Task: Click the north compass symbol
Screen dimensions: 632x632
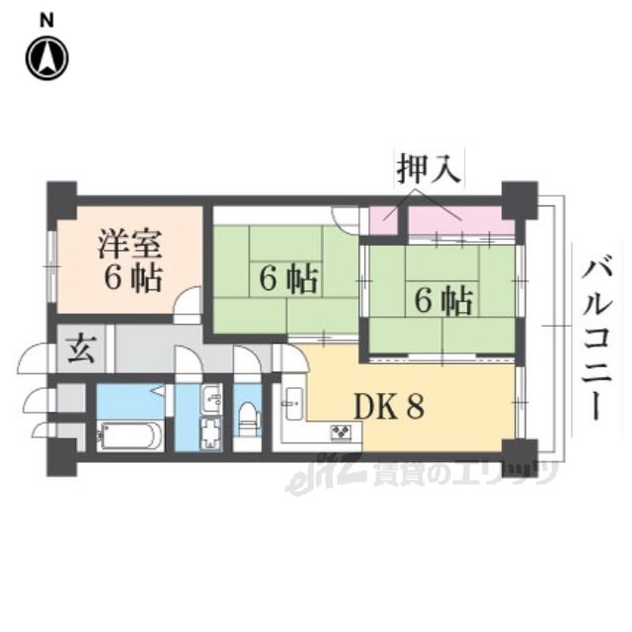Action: (45, 58)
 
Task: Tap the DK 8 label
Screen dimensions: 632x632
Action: (390, 407)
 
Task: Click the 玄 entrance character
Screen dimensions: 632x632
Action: (78, 350)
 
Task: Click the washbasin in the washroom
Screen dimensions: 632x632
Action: (211, 401)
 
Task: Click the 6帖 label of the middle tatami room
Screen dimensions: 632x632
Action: (288, 279)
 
